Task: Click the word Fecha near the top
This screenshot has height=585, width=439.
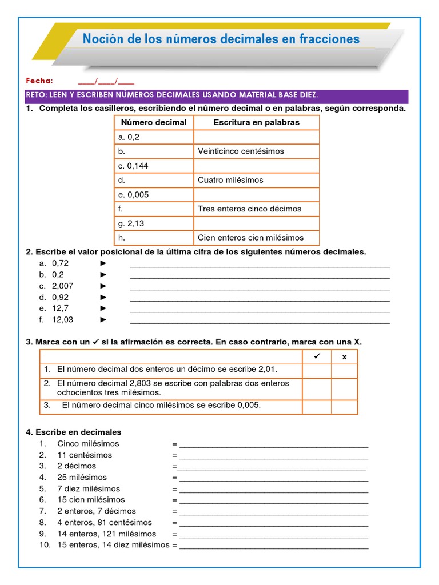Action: [x=39, y=81]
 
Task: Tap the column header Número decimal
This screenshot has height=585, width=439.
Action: [x=154, y=122]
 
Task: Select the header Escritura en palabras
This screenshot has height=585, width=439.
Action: [x=256, y=122]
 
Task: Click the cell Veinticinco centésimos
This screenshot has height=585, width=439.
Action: [x=241, y=151]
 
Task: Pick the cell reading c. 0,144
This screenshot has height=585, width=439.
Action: [x=133, y=166]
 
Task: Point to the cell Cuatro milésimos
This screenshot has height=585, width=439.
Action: [x=230, y=180]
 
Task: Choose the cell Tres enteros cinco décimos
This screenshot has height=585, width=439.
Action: [x=249, y=209]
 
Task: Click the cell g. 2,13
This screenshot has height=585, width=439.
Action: [x=131, y=223]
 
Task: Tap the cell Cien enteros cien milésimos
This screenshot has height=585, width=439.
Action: [x=250, y=238]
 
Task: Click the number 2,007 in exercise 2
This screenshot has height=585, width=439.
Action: [x=62, y=286]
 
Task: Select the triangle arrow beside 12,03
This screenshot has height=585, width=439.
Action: [x=103, y=320]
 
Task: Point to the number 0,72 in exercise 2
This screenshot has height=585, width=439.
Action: [x=60, y=263]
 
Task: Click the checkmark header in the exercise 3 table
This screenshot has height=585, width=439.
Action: [x=317, y=356]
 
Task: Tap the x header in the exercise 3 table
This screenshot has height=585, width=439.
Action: [x=344, y=357]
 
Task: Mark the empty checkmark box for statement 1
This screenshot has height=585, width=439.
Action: [x=317, y=371]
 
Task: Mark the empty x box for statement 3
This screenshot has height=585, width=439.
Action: [x=344, y=406]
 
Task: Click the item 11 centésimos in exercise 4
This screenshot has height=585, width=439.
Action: [x=85, y=455]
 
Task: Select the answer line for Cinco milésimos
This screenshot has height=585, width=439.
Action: [x=273, y=444]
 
